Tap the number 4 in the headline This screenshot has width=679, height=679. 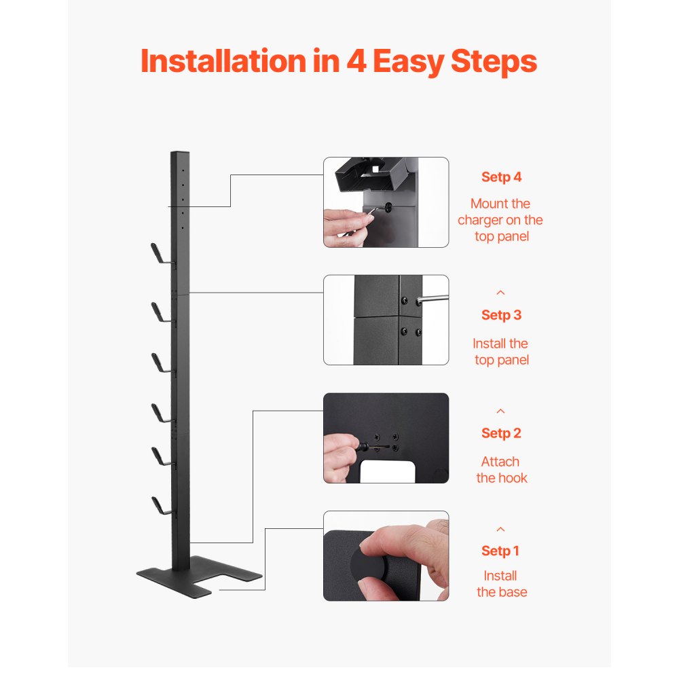click(355, 61)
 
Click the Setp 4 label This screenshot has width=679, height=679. click(501, 177)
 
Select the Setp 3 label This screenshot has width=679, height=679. click(501, 315)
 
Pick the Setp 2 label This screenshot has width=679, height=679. click(501, 433)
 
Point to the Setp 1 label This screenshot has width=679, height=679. click(501, 551)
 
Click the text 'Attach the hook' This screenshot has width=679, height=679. click(501, 470)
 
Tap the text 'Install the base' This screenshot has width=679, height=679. click(501, 584)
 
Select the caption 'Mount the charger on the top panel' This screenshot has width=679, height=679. click(500, 220)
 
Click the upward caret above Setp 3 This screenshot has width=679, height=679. click(501, 293)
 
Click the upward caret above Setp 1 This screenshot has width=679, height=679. click(501, 529)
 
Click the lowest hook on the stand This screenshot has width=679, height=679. click(161, 507)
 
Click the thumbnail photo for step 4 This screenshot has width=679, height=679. click(386, 202)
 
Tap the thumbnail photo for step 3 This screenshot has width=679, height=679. click(386, 320)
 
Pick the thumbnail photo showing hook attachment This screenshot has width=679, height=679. click(386, 438)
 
